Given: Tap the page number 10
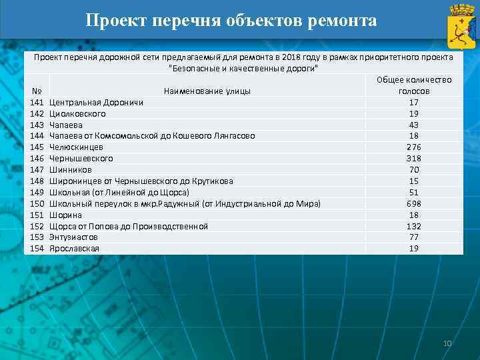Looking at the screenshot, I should tap(447, 343).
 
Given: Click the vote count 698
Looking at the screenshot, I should tap(414, 203).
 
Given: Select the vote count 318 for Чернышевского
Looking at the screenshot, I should tap(414, 159).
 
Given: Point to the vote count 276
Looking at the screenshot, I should tap(414, 147).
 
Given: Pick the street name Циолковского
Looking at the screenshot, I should tap(77, 113).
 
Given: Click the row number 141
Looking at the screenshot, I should tap(37, 103).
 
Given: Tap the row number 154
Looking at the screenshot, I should tap(37, 248).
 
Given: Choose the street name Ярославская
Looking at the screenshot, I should tap(74, 248).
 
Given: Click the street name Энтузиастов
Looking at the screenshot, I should tap(73, 237).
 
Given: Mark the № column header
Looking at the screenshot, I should tap(37, 91).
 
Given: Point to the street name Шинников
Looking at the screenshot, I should tap(71, 170).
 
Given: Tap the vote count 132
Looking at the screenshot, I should tap(414, 226).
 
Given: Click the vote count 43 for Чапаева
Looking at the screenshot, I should tap(414, 125).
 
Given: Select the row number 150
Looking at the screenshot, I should tap(37, 203).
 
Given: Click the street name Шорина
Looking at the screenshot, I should tap(66, 215).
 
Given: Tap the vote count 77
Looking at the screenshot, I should tap(414, 237).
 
